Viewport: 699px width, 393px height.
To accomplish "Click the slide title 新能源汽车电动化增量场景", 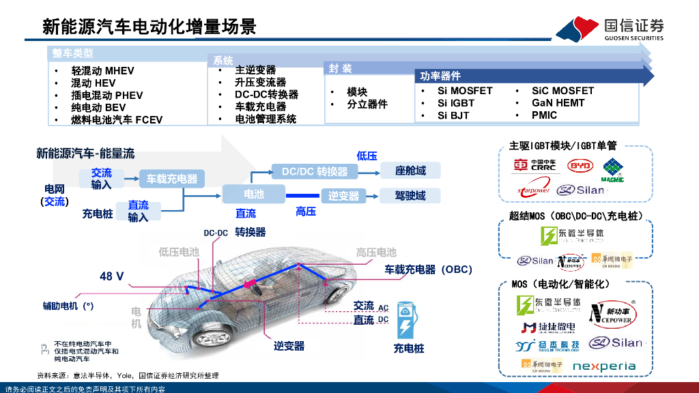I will pos(149,27).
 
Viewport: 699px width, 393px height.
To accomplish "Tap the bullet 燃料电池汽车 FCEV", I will pos(117,120).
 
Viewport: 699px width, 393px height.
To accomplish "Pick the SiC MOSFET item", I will pos(562,91).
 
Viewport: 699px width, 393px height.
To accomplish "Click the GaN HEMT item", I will pos(558,103).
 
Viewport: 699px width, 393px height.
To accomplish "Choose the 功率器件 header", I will pos(440,76).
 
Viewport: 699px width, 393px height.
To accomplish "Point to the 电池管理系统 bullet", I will pos(266,119).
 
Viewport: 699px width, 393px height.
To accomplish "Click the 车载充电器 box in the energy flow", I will pos(171,179).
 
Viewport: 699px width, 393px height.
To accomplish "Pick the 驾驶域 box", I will pos(410,195).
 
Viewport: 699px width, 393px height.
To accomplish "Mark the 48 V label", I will pos(112,276).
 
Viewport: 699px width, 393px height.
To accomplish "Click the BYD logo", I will pos(580,166).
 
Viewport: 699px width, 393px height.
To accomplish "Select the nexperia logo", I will pos(603,366).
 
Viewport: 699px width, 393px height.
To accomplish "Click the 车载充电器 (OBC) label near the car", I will pos(428,270).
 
